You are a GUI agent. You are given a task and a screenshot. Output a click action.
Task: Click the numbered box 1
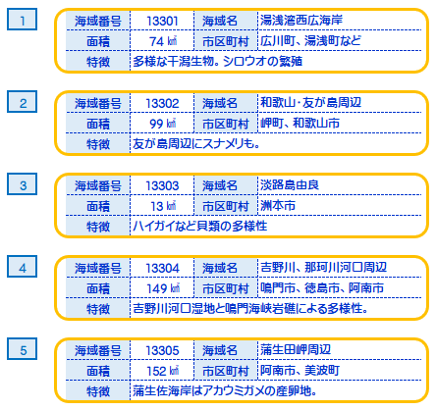coord(22,20)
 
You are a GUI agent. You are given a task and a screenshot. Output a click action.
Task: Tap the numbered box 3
coord(22,184)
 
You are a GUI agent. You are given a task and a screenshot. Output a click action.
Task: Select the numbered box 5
coord(22,349)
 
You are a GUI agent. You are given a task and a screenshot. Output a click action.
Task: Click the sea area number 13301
coord(162,22)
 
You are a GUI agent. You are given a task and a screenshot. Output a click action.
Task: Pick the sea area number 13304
coord(162,269)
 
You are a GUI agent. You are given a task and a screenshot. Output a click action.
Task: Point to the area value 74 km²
coord(163,41)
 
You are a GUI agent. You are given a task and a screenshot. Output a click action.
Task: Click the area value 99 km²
coord(163,124)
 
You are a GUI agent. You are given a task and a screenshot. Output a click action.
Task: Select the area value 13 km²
coord(163,206)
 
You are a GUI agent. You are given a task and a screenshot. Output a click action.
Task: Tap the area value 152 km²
coord(163,371)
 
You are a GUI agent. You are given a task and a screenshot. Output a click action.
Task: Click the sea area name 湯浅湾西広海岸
coord(301,21)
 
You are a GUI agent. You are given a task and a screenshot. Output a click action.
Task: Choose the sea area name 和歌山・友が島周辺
coord(310,103)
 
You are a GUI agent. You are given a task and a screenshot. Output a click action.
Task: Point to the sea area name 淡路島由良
coord(290,185)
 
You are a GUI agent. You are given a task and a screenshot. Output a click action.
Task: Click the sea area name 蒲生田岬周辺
coord(296,350)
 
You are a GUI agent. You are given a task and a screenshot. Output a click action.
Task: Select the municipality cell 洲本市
coord(278,206)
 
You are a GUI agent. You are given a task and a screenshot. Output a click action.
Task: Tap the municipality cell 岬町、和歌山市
coord(300,124)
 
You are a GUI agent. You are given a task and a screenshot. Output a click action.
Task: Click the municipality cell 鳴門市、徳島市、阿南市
coord(322,288)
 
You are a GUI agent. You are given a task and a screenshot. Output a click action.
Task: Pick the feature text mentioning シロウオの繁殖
coord(218,61)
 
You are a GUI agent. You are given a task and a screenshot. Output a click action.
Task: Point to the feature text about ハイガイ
coord(200,226)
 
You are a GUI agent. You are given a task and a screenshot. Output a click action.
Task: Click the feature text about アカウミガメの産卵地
coord(225,390)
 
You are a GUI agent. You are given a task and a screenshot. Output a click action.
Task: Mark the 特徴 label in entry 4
coord(98,309)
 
